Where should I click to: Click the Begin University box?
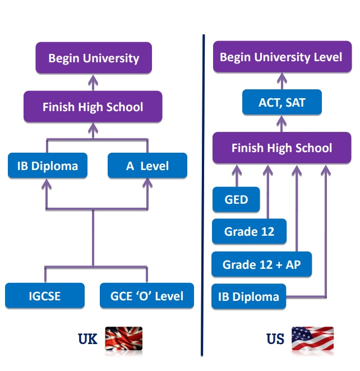click(x=94, y=58)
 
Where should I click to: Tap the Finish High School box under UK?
click(x=93, y=107)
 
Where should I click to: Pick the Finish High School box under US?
click(x=281, y=148)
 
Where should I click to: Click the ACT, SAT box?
click(x=281, y=103)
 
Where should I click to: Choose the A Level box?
click(x=147, y=166)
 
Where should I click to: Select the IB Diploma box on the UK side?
click(x=47, y=166)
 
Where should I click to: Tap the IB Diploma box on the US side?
click(x=248, y=296)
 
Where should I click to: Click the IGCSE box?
click(x=45, y=295)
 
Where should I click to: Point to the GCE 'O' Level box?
click(x=147, y=295)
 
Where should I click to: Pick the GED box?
click(x=236, y=200)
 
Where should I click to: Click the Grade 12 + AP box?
click(x=261, y=264)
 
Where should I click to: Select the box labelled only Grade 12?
click(x=249, y=231)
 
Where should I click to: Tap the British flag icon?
click(x=124, y=338)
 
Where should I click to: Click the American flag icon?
click(x=312, y=339)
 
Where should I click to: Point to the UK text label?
click(x=87, y=339)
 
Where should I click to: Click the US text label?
click(x=275, y=339)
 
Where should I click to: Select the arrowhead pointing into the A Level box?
click(x=147, y=182)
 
